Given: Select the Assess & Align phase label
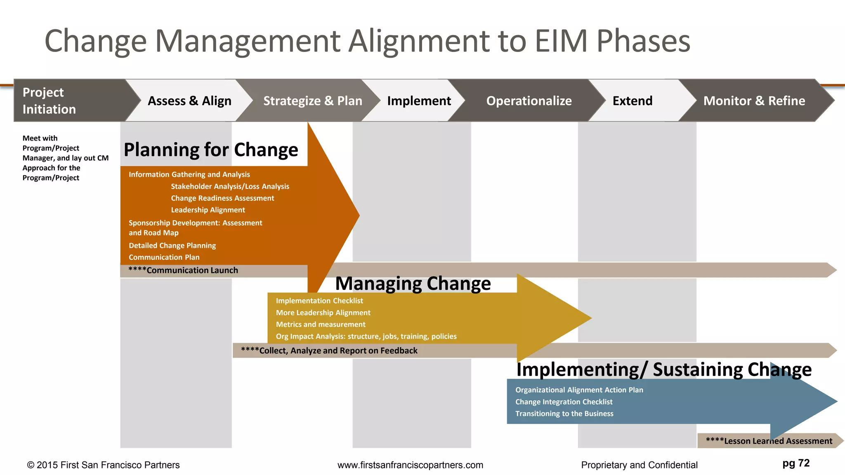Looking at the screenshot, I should point(189,101).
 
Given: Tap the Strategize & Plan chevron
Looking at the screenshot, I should point(312,101).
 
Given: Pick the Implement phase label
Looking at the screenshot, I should point(419,101).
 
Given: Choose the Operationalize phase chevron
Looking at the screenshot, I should point(529,101).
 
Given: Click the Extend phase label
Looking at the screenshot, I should point(632,101).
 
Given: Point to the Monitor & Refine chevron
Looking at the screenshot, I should point(754,101).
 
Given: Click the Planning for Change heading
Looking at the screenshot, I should point(211,150).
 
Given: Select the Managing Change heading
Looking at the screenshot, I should point(413,284).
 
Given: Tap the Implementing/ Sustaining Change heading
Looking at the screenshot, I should point(663,369).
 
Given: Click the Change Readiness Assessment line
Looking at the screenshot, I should point(222,198).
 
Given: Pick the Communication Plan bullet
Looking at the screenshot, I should point(164,257).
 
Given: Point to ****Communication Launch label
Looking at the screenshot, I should point(183,270).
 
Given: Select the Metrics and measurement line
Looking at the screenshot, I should point(321,325).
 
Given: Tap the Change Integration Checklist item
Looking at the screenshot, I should point(564,402).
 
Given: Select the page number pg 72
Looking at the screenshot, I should point(796,463).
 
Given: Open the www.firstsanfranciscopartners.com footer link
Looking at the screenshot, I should point(410,465).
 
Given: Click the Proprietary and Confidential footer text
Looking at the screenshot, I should point(639,465).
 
